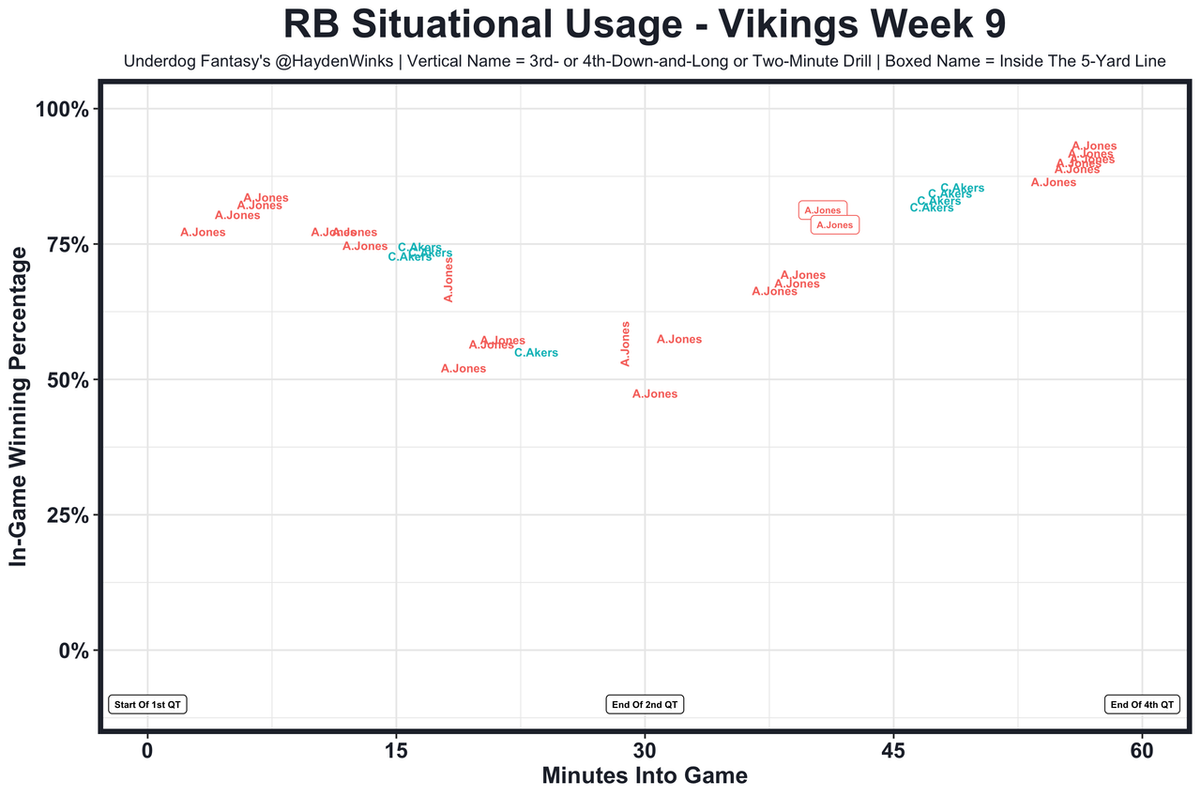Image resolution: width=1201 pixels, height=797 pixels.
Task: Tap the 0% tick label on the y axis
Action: (73, 651)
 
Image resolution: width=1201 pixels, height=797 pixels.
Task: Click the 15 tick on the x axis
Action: (396, 753)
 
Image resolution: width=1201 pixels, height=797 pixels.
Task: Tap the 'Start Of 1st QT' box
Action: (148, 704)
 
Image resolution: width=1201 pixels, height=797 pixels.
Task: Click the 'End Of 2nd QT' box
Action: (645, 704)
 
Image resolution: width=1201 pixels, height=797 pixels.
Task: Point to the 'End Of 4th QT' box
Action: (1142, 704)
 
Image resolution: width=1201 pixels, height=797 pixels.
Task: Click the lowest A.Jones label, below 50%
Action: (655, 394)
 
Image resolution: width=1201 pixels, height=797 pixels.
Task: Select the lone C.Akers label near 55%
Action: (536, 353)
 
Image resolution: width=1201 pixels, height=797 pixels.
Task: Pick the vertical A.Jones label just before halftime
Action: (626, 344)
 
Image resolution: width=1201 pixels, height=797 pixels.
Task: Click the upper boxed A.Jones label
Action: (823, 210)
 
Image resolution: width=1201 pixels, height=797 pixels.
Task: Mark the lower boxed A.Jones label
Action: (834, 225)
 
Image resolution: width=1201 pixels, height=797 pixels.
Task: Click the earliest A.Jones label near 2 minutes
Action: (203, 232)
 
